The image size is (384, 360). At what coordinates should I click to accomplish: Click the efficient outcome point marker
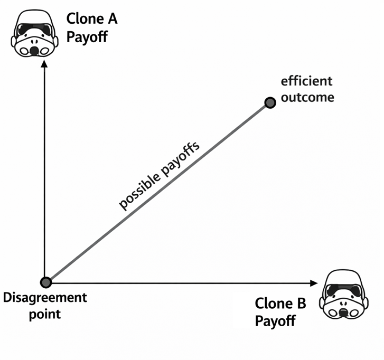[270, 103]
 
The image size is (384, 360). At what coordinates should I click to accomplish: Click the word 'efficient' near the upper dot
[307, 82]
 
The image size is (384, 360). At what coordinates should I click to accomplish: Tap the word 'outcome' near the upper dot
[307, 98]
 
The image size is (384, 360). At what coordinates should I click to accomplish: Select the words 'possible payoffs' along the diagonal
[158, 176]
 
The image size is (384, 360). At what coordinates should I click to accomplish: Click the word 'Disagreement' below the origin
[45, 298]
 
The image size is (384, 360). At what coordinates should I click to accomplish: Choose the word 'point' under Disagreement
[45, 315]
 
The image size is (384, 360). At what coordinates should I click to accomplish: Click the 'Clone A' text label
[92, 20]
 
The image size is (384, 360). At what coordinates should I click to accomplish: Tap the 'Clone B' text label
[280, 304]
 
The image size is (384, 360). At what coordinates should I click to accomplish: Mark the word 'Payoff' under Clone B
[275, 321]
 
